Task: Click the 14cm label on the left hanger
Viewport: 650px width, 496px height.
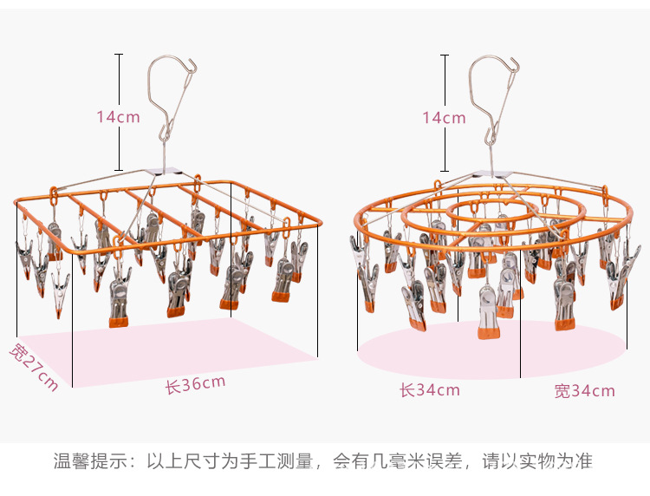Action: (x=119, y=116)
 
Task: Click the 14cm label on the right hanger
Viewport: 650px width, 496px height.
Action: (x=445, y=117)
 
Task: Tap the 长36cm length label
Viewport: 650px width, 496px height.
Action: (x=196, y=383)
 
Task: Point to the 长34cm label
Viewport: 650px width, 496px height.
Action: (x=429, y=390)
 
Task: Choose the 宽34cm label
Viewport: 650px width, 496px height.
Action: (x=584, y=390)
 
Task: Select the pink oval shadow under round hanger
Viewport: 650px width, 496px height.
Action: (x=485, y=356)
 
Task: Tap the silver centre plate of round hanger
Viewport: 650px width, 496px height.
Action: (x=490, y=179)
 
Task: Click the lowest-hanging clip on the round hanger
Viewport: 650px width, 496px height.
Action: (x=489, y=312)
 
